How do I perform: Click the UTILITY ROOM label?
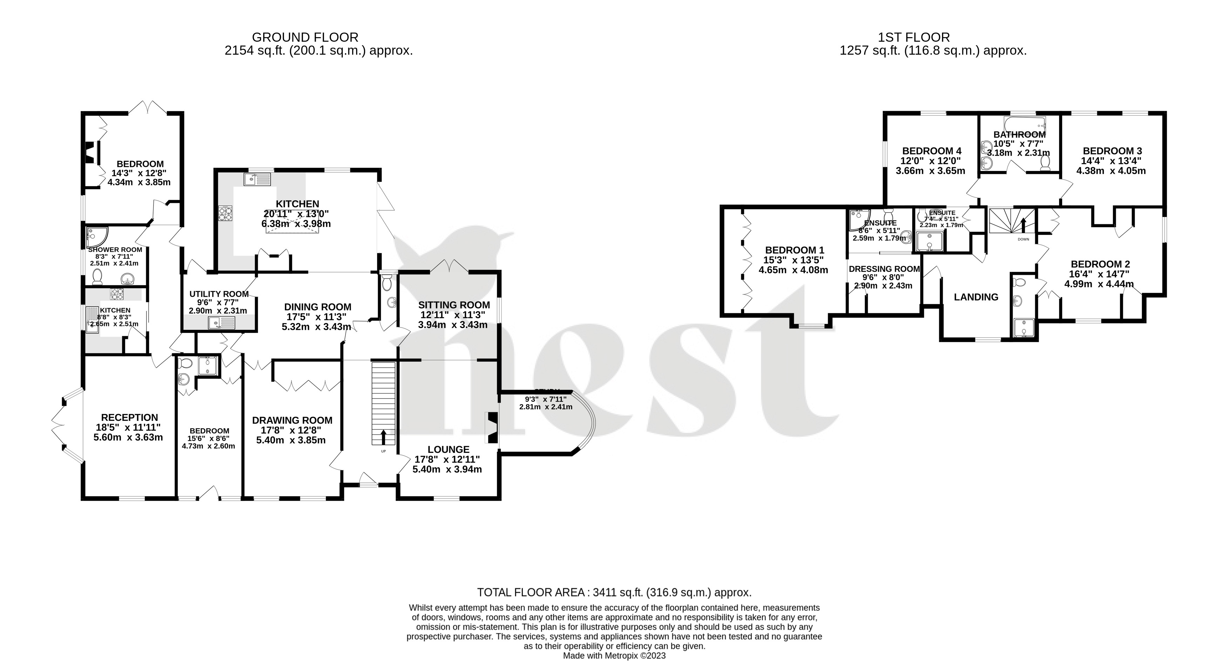tap(219, 294)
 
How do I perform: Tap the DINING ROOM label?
tap(318, 307)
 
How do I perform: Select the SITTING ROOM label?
tap(454, 305)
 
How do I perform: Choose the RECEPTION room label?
tap(129, 418)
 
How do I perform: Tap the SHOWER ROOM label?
tap(115, 250)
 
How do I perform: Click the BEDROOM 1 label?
tap(794, 250)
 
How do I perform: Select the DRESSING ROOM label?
tap(884, 269)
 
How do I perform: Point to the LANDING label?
tap(976, 297)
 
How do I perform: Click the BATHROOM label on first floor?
tap(1019, 135)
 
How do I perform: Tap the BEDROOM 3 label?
tap(1112, 151)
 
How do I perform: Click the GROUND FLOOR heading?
tap(305, 37)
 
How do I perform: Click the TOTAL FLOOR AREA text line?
tap(614, 593)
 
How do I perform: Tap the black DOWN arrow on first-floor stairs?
tap(1023, 225)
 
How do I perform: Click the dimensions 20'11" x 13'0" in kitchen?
tap(296, 214)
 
